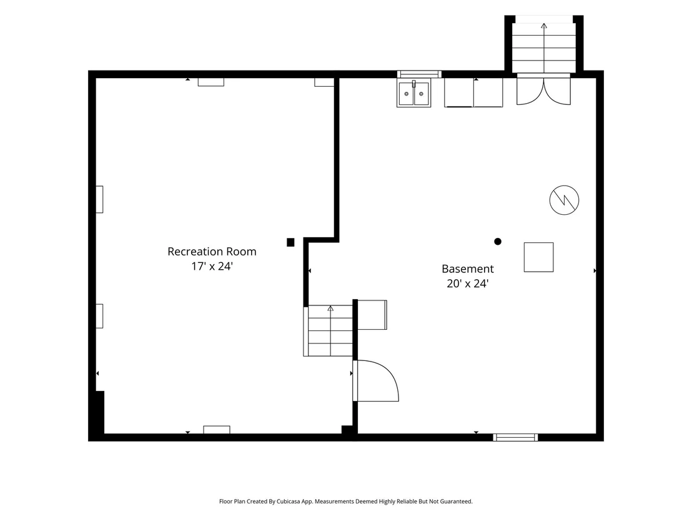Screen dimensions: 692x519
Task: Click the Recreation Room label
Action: tap(212, 252)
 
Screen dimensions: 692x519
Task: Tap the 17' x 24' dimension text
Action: tap(212, 266)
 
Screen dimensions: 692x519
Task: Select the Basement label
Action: tap(468, 269)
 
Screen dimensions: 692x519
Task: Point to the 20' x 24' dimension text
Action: tap(468, 284)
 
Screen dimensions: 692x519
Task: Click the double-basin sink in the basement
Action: tap(414, 93)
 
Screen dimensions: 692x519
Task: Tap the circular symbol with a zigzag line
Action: tap(564, 200)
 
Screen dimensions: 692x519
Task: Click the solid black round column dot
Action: tap(498, 242)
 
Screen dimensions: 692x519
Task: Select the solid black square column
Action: tap(290, 242)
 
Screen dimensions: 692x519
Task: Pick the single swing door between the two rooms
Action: tap(376, 381)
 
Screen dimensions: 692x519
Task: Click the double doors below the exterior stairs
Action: tap(544, 91)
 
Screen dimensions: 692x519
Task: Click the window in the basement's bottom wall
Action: tap(515, 437)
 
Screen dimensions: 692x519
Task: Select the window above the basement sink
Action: tap(419, 74)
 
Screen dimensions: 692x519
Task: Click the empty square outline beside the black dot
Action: tap(539, 257)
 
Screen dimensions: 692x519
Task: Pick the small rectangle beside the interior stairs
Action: tap(372, 315)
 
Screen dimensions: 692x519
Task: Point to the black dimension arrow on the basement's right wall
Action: tap(595, 270)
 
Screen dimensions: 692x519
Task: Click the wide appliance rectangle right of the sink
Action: tap(473, 92)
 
